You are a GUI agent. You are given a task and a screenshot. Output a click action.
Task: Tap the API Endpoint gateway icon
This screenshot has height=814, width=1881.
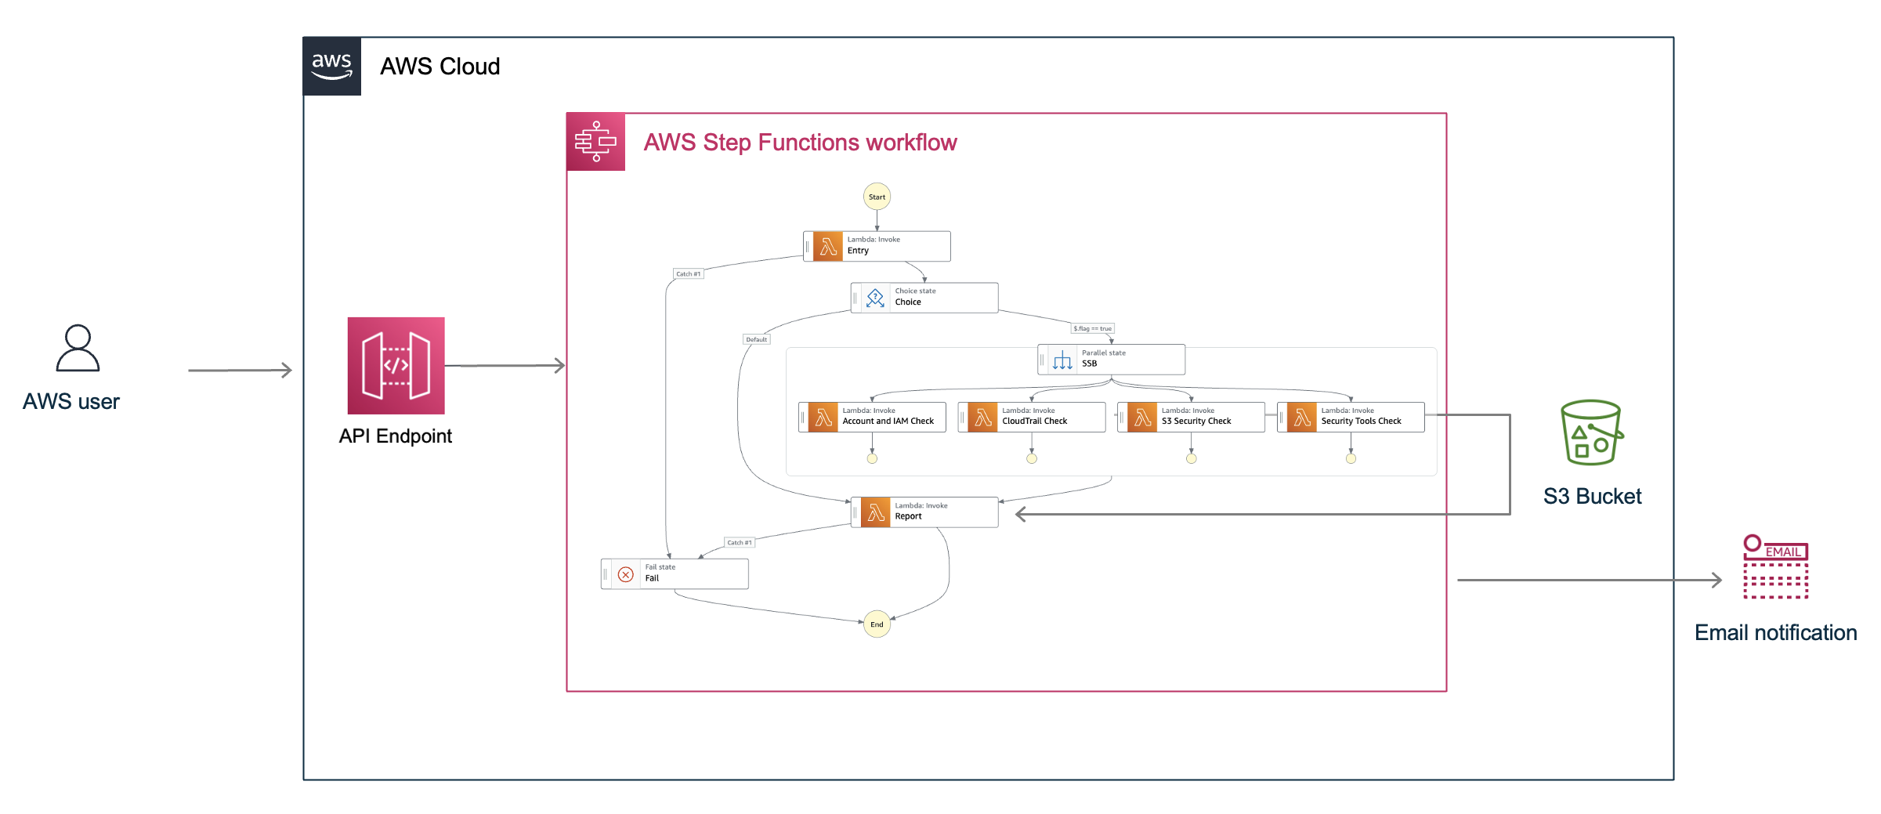click(x=396, y=365)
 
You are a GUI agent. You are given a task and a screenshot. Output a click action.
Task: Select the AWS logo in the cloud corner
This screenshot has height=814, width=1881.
click(x=332, y=66)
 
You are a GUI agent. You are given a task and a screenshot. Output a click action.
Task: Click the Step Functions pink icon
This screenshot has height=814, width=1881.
click(x=595, y=142)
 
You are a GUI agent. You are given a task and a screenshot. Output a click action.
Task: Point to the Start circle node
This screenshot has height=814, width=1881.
click(x=877, y=197)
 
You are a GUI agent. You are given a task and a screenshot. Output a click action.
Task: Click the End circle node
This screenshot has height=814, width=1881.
click(x=877, y=624)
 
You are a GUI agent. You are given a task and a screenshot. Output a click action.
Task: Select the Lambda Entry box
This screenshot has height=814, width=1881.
click(x=877, y=246)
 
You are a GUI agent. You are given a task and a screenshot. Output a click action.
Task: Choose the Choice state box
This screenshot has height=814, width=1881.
click(x=924, y=298)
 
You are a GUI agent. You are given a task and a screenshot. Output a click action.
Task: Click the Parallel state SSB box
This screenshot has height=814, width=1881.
click(x=1111, y=360)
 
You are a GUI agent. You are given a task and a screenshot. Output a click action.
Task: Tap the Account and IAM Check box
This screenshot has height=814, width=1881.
click(x=872, y=417)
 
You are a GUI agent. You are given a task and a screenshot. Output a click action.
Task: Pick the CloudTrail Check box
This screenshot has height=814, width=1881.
click(x=1032, y=417)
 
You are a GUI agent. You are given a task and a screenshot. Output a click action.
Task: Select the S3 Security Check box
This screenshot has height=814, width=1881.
click(x=1191, y=417)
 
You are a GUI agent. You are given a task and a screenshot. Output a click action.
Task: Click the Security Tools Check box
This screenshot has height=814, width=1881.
click(x=1351, y=417)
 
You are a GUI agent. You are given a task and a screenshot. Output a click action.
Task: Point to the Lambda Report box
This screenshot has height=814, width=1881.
click(x=924, y=512)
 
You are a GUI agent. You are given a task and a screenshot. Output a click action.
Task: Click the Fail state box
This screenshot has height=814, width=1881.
click(x=675, y=573)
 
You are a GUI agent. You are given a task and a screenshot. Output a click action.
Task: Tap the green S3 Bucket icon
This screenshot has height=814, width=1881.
click(x=1591, y=432)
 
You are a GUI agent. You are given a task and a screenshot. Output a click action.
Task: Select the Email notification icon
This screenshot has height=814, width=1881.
click(x=1775, y=567)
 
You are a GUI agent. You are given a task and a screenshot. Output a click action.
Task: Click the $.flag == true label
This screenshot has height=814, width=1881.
click(x=1092, y=329)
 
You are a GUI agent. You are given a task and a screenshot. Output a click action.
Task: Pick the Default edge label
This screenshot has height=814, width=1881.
click(x=756, y=339)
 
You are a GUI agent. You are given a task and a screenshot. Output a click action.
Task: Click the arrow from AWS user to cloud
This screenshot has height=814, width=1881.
click(x=240, y=370)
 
